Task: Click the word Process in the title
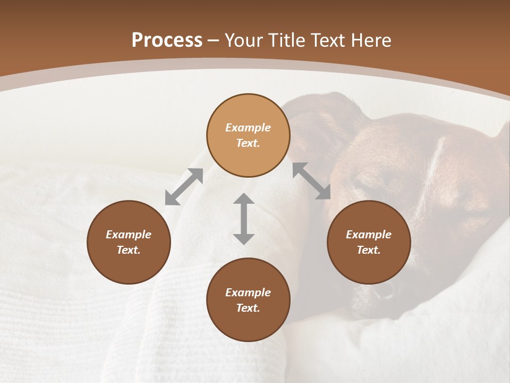[x=167, y=40]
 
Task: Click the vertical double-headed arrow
[x=244, y=219]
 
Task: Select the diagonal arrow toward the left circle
[x=184, y=187]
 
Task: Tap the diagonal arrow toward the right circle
[x=311, y=181]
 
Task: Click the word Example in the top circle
[x=248, y=128]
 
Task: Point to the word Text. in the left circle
[x=129, y=250]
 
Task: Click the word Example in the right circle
[x=369, y=235]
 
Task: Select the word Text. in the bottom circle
[x=248, y=308]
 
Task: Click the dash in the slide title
[x=213, y=40]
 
